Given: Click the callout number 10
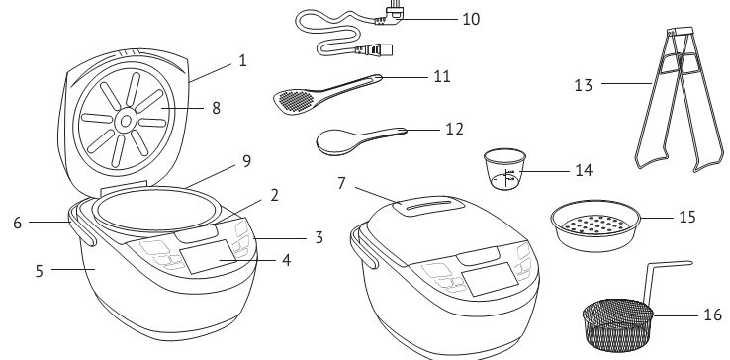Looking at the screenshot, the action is coord(471,19).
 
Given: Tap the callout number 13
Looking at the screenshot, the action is coord(584,85).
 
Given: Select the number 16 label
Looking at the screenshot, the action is coord(712,315).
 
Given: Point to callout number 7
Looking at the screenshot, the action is coord(341,184).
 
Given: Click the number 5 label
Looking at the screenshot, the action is coord(40,272).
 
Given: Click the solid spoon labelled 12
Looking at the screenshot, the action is coord(361,140).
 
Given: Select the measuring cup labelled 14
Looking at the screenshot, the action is coord(504,168).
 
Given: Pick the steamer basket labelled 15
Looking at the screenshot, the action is coord(595,225).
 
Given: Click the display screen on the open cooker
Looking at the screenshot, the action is coord(208,256).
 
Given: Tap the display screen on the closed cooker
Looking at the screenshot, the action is coord(490,279).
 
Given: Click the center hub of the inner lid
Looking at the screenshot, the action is coord(126,121).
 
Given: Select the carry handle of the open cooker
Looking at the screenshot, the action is coord(82,226).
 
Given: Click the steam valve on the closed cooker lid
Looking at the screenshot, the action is coord(428,206).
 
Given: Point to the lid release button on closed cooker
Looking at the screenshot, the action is coord(478,256).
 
